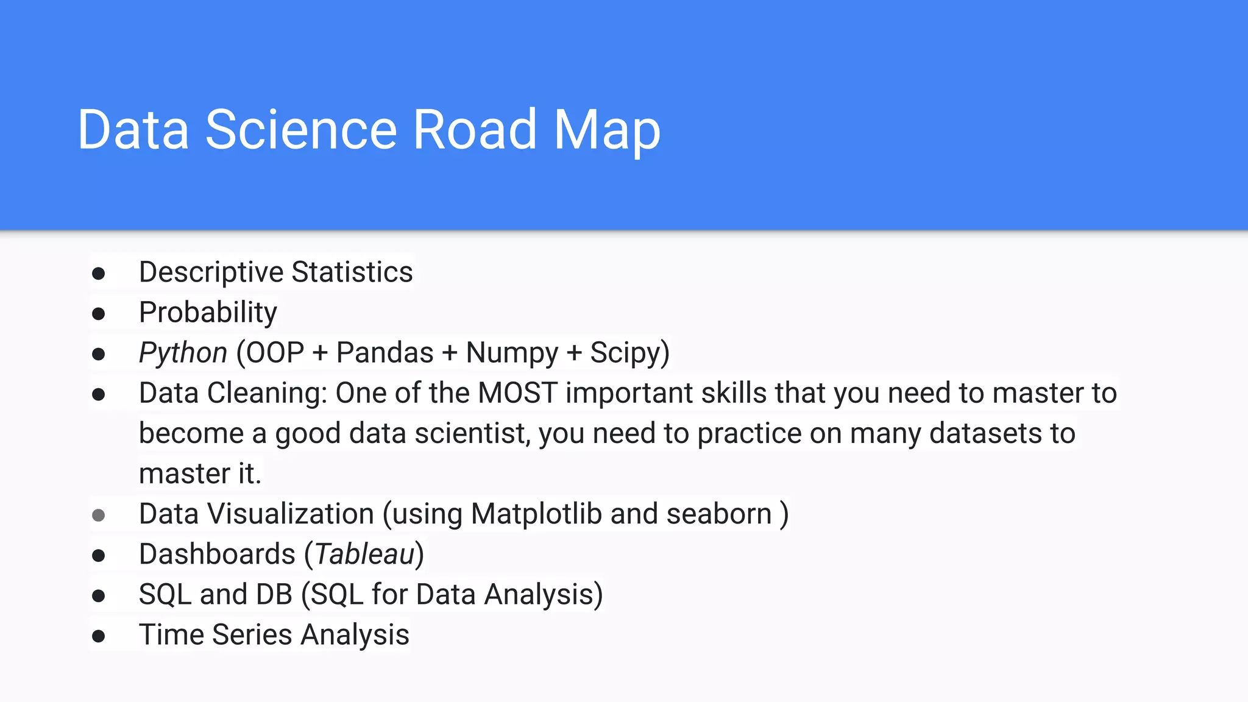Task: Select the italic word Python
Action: (x=183, y=353)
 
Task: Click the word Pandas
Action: (x=385, y=353)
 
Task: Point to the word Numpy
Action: (x=512, y=353)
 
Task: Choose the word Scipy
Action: (x=625, y=353)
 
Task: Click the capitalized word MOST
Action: (x=517, y=393)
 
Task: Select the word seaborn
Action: (x=719, y=514)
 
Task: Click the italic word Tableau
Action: (x=364, y=554)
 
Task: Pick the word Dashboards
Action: (x=217, y=554)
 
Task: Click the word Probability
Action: (x=208, y=313)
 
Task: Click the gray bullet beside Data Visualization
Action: (x=98, y=516)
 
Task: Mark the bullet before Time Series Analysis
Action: (x=98, y=636)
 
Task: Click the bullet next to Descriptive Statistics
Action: (x=98, y=274)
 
